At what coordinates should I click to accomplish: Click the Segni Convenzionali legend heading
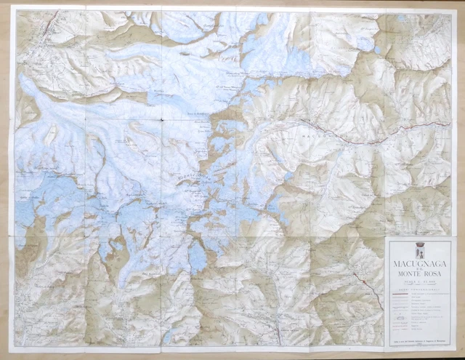tap(419, 290)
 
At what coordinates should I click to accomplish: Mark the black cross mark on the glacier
tap(160, 119)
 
